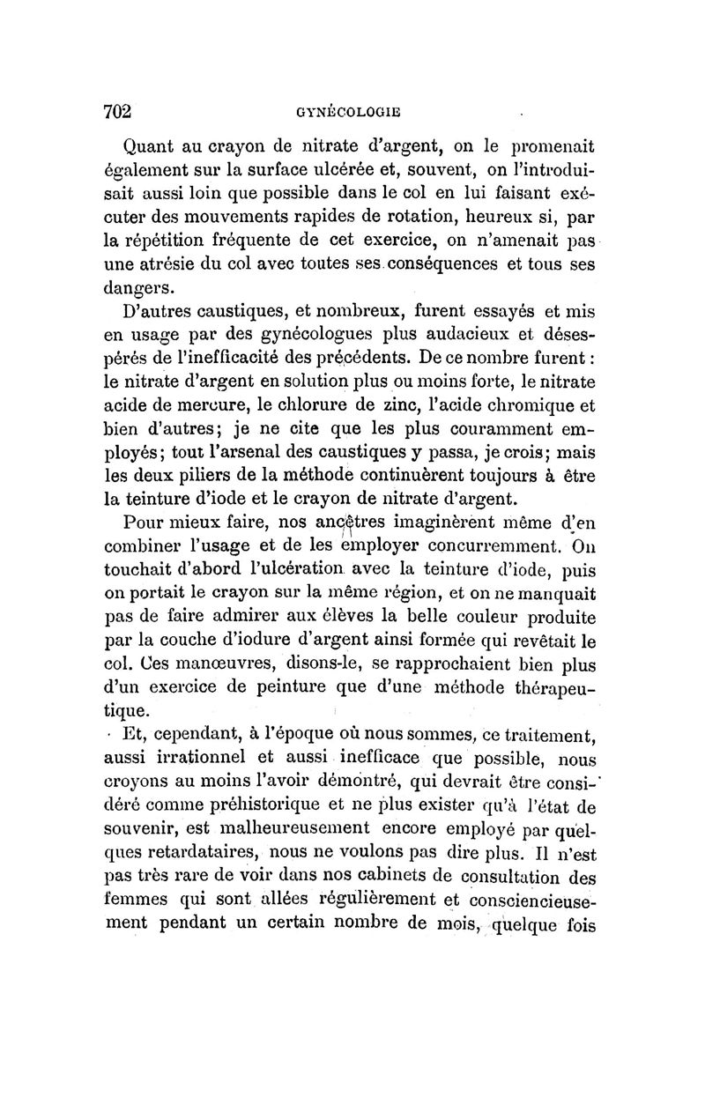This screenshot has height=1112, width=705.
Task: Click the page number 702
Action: tap(116, 111)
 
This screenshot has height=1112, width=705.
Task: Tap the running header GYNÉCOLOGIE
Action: tap(350, 112)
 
